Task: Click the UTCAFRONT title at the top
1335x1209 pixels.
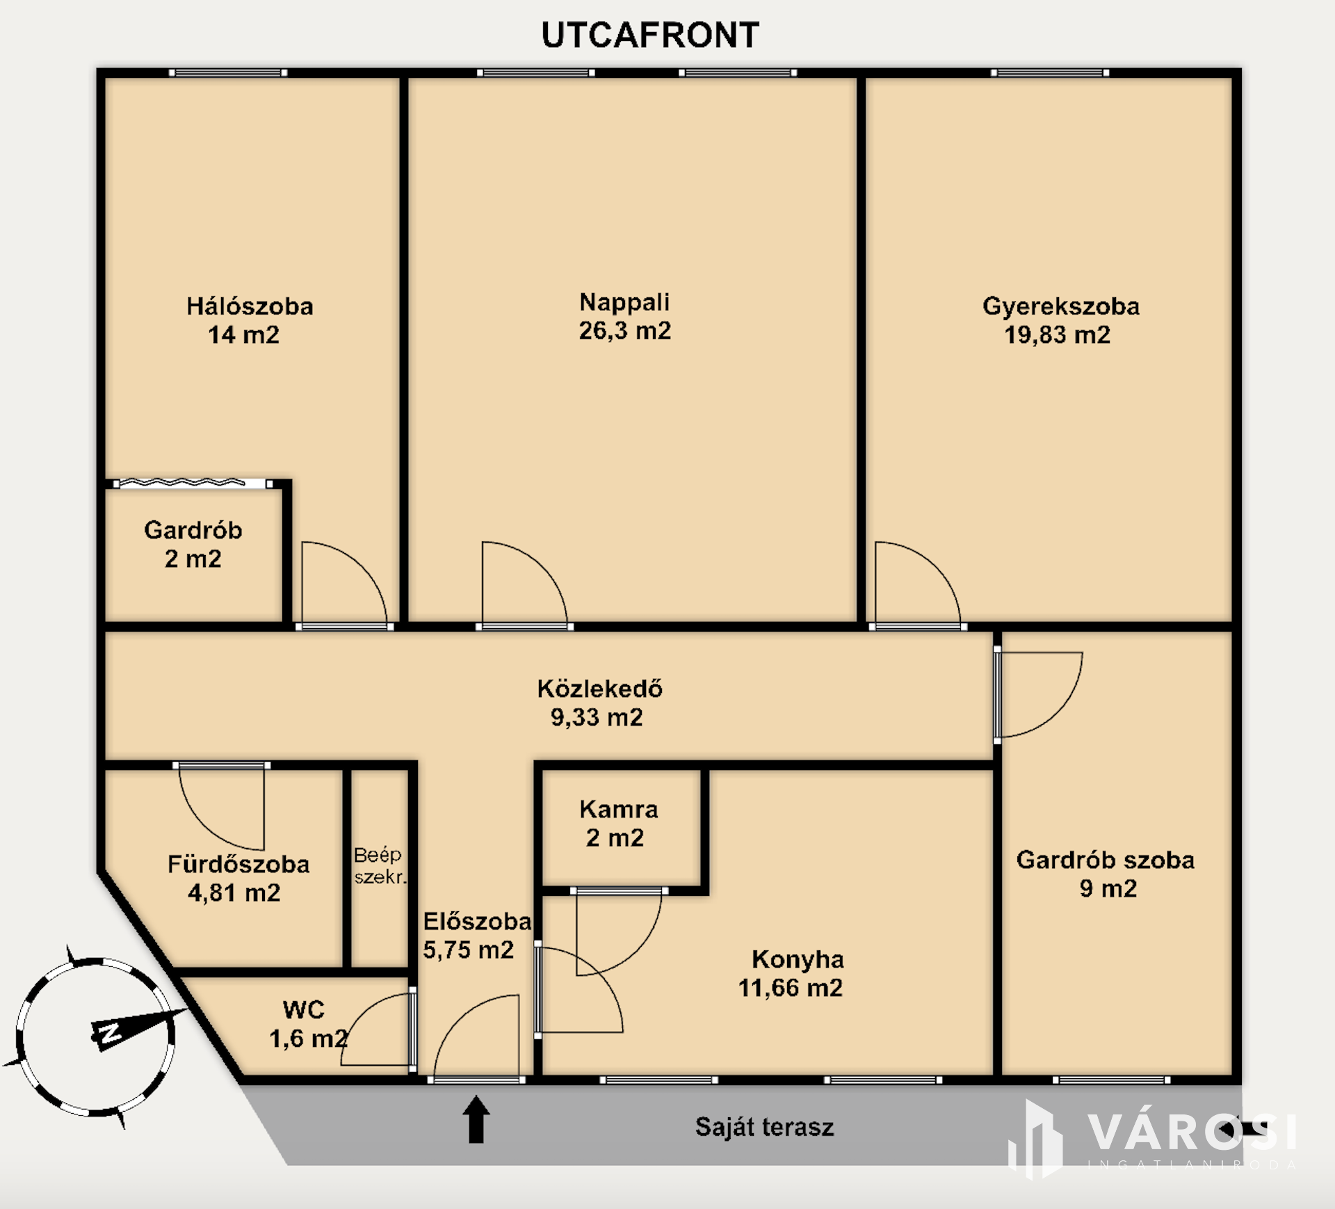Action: [650, 35]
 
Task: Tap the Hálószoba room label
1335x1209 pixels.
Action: [250, 307]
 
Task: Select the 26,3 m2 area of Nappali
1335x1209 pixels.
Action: [625, 330]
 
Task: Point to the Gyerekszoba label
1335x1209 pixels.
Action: [1061, 307]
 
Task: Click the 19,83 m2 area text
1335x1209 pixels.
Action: [1057, 335]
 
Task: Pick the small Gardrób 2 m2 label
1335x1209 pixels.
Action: [193, 545]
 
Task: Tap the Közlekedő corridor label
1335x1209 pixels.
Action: [599, 689]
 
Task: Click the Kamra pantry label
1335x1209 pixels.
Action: [619, 810]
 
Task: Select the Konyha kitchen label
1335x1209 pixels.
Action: [798, 959]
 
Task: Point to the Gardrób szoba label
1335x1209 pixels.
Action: [1106, 860]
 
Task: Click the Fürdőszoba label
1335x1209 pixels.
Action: [238, 865]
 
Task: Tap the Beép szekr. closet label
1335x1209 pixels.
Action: [380, 865]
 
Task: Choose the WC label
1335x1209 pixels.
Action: [304, 1009]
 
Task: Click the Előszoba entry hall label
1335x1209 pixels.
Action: [477, 922]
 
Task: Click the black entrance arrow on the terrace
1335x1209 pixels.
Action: [476, 1119]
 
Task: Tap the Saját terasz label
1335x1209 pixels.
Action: [764, 1127]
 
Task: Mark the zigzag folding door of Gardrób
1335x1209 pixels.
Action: [181, 482]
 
